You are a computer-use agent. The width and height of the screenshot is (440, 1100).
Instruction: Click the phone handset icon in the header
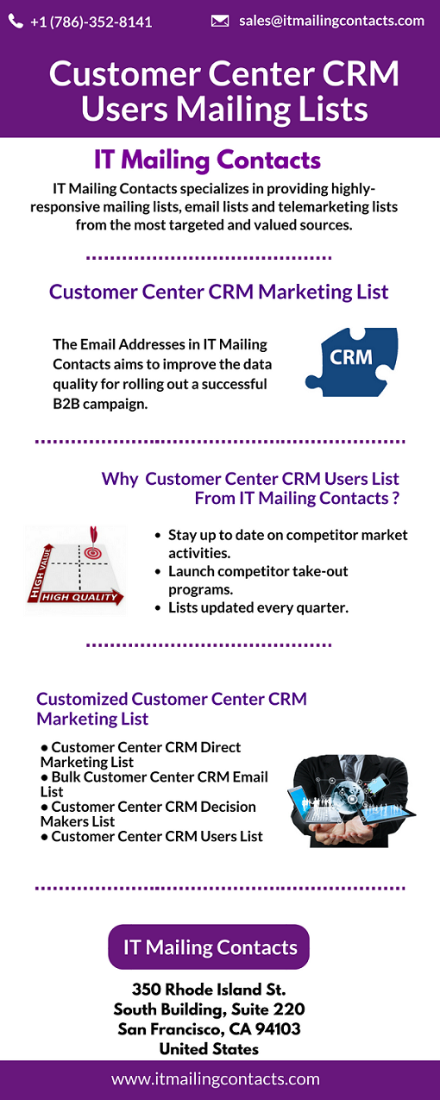pyautogui.click(x=16, y=21)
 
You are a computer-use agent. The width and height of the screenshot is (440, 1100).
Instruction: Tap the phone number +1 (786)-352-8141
pyautogui.click(x=91, y=22)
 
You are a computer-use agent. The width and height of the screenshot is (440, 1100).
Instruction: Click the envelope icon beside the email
pyautogui.click(x=220, y=21)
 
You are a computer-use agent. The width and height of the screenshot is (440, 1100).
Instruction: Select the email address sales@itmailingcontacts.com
pyautogui.click(x=332, y=21)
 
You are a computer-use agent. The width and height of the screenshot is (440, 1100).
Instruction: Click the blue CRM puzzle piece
pyautogui.click(x=352, y=361)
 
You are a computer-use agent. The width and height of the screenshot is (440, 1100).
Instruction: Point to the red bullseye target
pyautogui.click(x=92, y=552)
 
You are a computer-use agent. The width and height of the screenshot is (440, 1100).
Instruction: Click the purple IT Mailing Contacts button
pyautogui.click(x=209, y=947)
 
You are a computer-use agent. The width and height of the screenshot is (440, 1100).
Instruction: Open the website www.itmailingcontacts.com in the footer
pyautogui.click(x=216, y=1079)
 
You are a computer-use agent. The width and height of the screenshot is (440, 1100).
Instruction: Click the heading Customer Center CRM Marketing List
pyautogui.click(x=218, y=292)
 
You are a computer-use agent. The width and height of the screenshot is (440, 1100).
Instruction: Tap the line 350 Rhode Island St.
pyautogui.click(x=209, y=989)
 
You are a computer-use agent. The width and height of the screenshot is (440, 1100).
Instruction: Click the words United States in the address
pyautogui.click(x=209, y=1049)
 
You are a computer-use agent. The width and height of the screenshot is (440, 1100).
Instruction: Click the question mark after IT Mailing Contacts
pyautogui.click(x=396, y=499)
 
